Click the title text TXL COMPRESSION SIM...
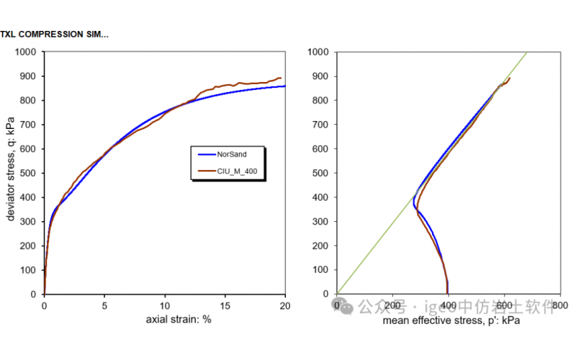coord(54,34)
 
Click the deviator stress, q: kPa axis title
coord(11,172)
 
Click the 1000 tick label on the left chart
coord(26,52)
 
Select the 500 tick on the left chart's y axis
coord(29,173)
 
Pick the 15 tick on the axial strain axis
coord(225,305)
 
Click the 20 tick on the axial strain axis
coord(285,305)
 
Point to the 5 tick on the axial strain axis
coord(104,305)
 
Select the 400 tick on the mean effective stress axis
coord(449,306)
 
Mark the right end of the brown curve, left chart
coord(281,78)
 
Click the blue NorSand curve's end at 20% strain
coord(285,86)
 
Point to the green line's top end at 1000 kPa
coord(528,52)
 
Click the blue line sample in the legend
coord(206,153)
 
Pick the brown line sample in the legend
coord(206,172)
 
